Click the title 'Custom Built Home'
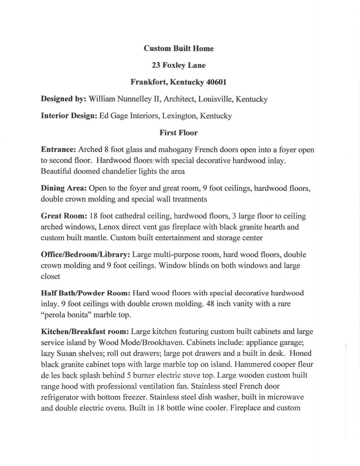pos(179,48)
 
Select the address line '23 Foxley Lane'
pos(179,65)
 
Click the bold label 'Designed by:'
pos(63,99)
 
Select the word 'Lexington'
pos(180,116)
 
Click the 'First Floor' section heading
pos(179,133)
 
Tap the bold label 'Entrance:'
pos(58,150)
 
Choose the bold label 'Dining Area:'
pos(64,188)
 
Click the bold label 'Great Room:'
pos(64,216)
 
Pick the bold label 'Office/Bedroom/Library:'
pos(85,255)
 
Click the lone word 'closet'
pos(50,276)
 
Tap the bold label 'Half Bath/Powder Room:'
pos(85,293)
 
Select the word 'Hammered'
pos(254,364)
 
